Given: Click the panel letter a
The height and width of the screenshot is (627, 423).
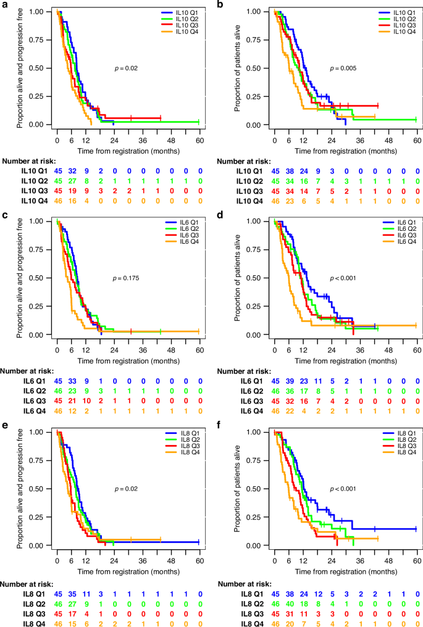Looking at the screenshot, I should (x=4, y=5).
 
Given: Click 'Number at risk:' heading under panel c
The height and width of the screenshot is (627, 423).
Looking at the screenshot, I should (x=28, y=372).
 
